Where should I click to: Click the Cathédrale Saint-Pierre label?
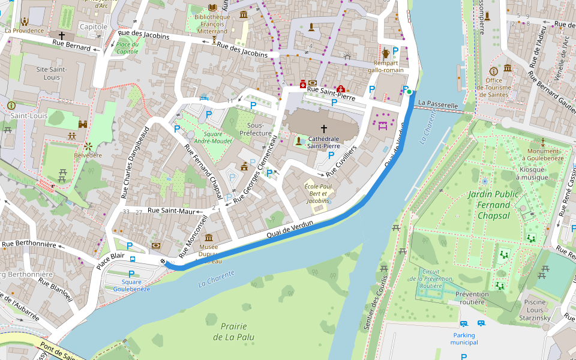(x=324, y=142)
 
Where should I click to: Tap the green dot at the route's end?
(x=409, y=92)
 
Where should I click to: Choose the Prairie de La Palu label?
(x=233, y=331)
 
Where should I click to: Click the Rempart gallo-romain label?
(x=389, y=67)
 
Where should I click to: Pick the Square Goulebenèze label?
(x=131, y=285)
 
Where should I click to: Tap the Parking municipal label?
(x=464, y=339)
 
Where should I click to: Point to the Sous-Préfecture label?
(x=256, y=129)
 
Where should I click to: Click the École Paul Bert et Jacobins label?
(x=317, y=194)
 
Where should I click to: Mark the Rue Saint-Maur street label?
(x=172, y=211)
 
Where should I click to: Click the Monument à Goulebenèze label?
(x=543, y=155)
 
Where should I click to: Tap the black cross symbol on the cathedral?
(x=324, y=128)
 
